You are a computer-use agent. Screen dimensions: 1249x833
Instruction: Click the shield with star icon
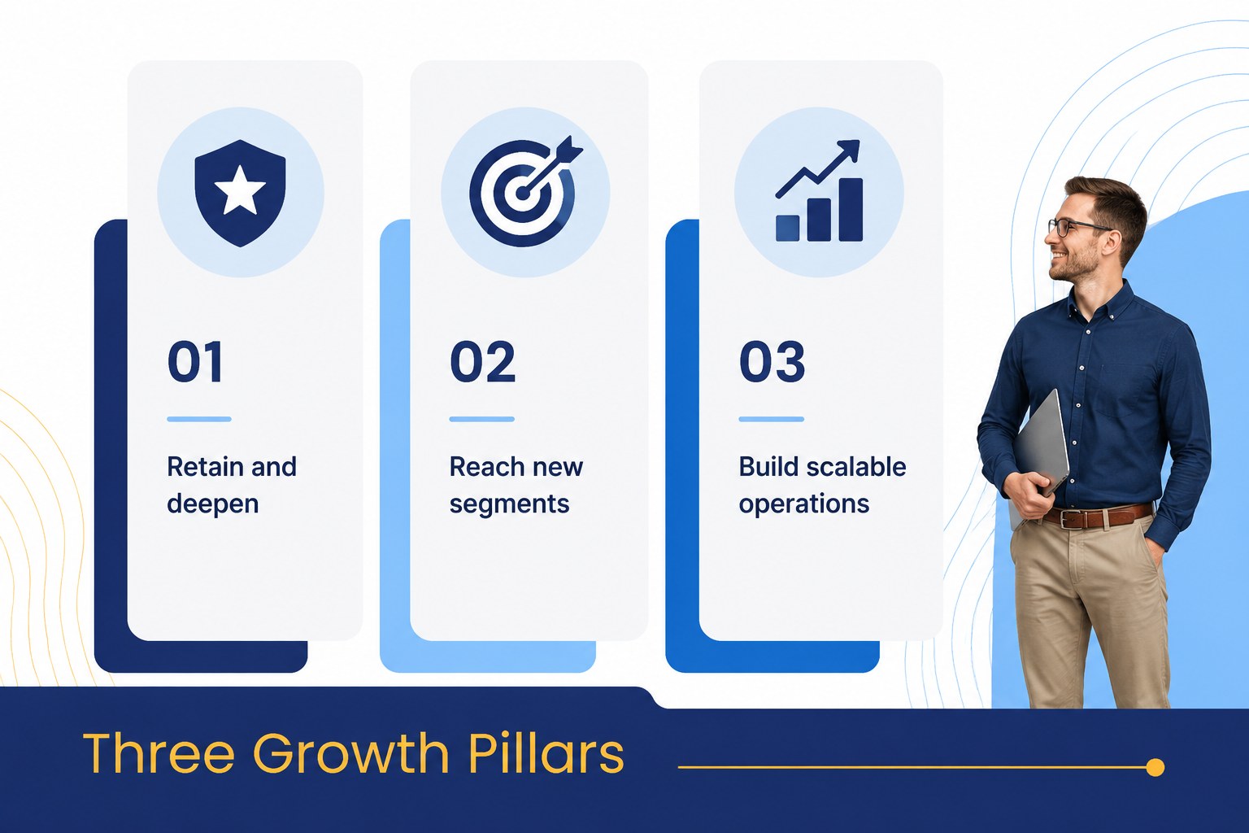(241, 193)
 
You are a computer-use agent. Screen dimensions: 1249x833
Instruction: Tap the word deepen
(213, 504)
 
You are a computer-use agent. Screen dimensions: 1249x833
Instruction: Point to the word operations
(804, 504)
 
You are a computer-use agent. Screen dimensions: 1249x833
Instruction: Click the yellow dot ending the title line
(1155, 767)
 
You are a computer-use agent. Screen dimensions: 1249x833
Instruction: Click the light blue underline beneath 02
(481, 419)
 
